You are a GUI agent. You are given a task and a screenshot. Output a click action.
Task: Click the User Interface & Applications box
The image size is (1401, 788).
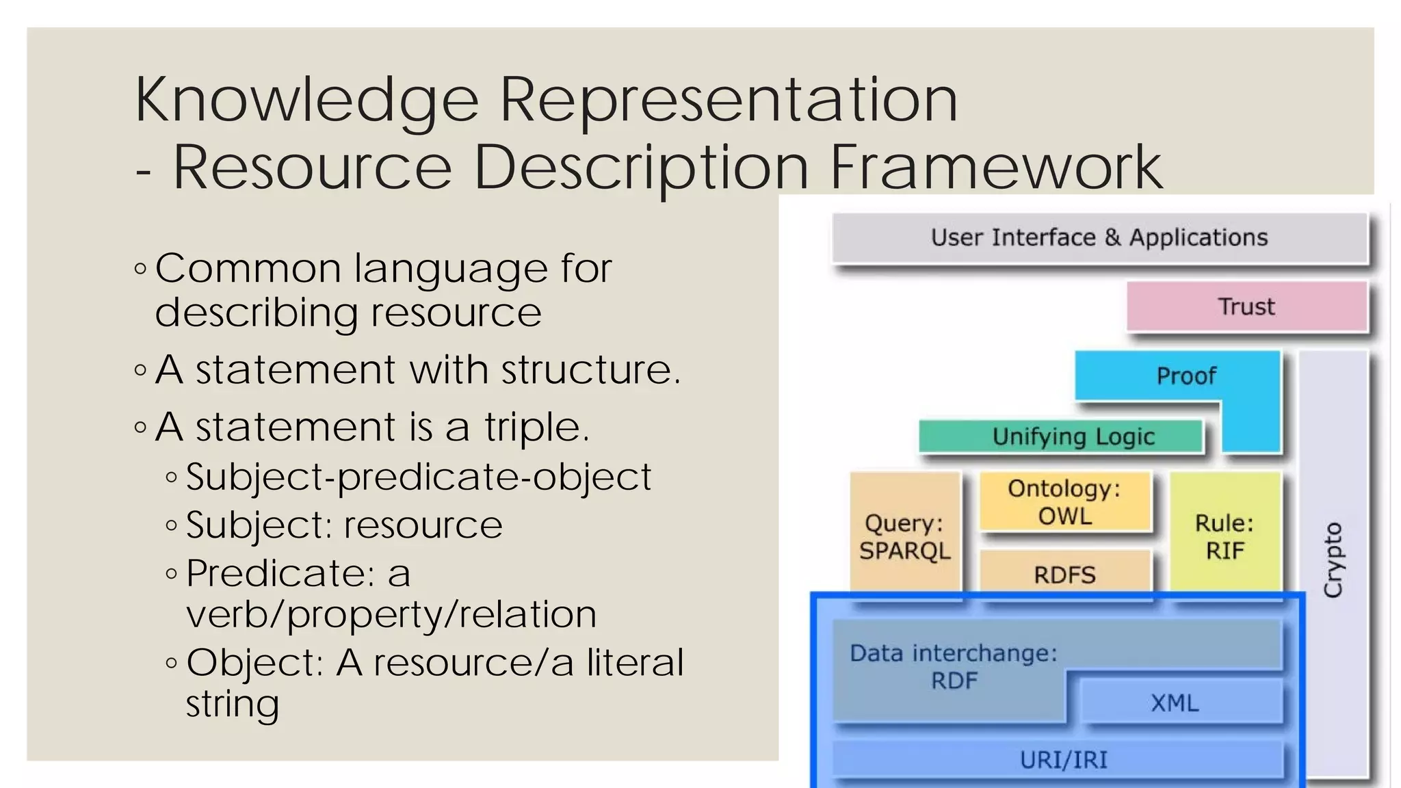[1099, 237]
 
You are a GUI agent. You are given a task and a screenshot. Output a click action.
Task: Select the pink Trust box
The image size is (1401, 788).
[1246, 306]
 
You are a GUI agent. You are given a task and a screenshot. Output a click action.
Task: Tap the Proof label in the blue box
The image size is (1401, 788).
[1186, 376]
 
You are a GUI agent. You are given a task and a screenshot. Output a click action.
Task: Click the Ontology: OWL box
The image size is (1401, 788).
[1064, 502]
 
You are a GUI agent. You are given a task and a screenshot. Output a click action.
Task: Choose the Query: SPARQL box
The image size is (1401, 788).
[904, 536]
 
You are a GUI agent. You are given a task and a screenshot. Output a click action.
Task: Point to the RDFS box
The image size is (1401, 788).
[1064, 575]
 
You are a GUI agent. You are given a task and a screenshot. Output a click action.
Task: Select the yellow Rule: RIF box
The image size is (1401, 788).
[1224, 536]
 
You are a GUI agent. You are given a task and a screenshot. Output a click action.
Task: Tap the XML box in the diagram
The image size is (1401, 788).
[1175, 702]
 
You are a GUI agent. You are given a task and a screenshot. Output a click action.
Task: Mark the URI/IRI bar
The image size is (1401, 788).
[1063, 760]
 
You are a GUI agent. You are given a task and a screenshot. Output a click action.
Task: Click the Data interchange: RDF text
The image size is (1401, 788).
[954, 667]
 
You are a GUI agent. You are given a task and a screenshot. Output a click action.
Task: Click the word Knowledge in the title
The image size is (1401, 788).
[306, 100]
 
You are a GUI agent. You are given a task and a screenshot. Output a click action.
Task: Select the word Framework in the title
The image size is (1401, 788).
[995, 167]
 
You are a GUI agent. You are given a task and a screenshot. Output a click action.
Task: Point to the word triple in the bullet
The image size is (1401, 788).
[536, 427]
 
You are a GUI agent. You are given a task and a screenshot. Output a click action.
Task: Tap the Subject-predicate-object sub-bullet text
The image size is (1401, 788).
[419, 477]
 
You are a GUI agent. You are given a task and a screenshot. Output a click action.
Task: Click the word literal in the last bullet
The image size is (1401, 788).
[634, 662]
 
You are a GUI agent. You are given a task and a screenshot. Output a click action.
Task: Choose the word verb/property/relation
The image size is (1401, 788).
[391, 614]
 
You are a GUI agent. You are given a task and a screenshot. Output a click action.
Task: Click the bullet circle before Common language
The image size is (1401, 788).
[141, 269]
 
